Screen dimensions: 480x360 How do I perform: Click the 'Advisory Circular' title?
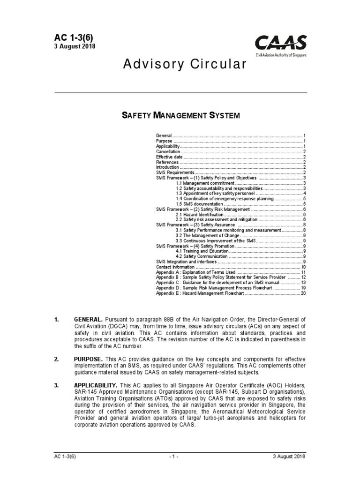point(184,65)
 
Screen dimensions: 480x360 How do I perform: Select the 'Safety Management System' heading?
point(181,115)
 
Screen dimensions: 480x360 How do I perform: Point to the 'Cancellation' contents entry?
point(168,152)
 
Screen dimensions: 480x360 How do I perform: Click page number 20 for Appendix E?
point(303,293)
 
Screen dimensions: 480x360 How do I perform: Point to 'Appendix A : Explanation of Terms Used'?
point(195,272)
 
